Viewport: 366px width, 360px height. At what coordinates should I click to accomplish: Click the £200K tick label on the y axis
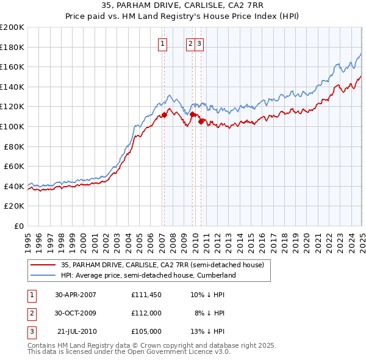tap(12, 27)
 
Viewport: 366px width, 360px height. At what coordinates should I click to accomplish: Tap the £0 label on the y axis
tap(19, 226)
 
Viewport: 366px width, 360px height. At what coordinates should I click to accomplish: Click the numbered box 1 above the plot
tap(163, 43)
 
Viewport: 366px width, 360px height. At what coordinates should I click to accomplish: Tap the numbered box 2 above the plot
tap(191, 43)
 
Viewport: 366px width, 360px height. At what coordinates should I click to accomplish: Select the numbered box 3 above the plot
tap(199, 43)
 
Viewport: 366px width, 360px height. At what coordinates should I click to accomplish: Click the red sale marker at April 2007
tap(164, 115)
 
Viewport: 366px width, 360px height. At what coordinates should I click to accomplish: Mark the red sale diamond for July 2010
tap(200, 121)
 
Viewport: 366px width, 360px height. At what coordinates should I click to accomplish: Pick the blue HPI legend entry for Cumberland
tap(148, 276)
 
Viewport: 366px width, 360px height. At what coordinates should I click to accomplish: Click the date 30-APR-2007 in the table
tap(76, 294)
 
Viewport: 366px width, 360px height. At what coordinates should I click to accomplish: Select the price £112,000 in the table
tap(146, 312)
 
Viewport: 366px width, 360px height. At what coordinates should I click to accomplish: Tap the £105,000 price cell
tap(146, 331)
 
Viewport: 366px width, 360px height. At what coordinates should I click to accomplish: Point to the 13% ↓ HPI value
tap(208, 331)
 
